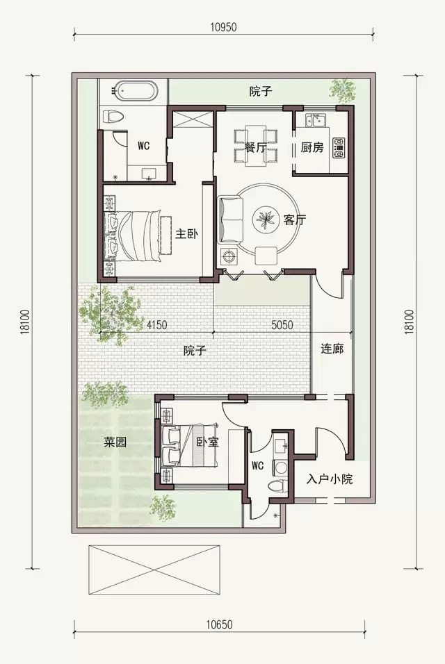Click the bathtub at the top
[137, 91]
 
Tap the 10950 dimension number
[223, 28]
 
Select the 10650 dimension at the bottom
[220, 624]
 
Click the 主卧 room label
[186, 233]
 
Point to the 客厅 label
[295, 219]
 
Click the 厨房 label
[312, 147]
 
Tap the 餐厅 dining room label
[256, 148]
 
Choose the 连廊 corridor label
[332, 349]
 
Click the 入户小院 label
[330, 479]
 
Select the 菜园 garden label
[115, 442]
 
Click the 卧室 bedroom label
[208, 442]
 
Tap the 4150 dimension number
[157, 325]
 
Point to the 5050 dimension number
[282, 325]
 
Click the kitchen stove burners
[339, 148]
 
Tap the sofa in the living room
[231, 219]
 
